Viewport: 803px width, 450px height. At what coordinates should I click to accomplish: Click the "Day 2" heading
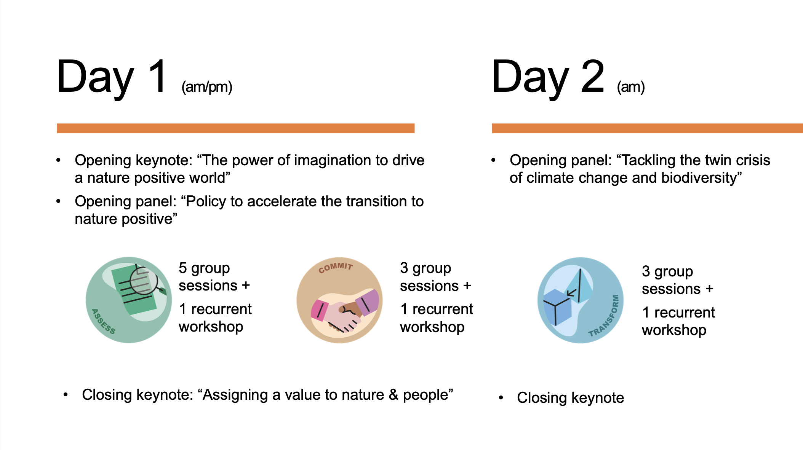pos(548,77)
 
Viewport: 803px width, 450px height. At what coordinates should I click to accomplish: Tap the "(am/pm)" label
pos(207,87)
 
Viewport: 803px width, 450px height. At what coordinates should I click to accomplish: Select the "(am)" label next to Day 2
pos(631,87)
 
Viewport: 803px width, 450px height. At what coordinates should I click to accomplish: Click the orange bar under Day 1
pos(236,128)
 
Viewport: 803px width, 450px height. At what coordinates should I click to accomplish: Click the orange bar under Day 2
pos(648,128)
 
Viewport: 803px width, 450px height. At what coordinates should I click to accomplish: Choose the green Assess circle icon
pos(129,300)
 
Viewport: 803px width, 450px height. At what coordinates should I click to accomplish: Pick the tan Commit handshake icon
pos(339,300)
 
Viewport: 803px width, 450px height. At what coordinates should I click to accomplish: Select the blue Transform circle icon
pos(581,300)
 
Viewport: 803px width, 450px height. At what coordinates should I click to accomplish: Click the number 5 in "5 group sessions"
pos(183,268)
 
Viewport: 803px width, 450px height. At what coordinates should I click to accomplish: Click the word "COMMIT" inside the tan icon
pos(336,267)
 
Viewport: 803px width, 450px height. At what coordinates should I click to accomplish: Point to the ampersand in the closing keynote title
pos(394,395)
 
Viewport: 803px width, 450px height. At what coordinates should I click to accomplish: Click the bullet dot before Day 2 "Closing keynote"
pos(501,398)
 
